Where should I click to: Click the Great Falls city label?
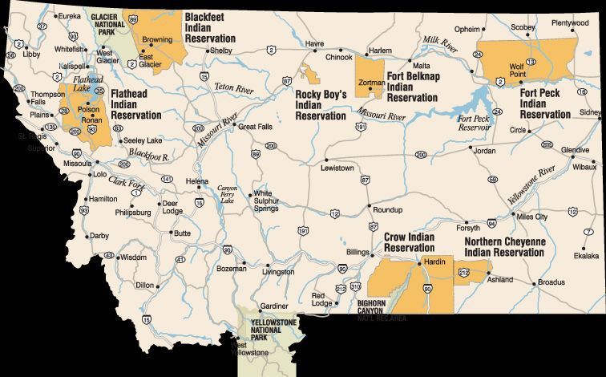pyautogui.click(x=257, y=127)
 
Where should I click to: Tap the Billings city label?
pyautogui.click(x=357, y=252)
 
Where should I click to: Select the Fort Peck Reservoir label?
pyautogui.click(x=473, y=123)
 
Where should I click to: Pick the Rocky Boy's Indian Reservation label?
pyautogui.click(x=321, y=105)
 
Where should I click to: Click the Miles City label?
pyautogui.click(x=532, y=217)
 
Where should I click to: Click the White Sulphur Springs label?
pyautogui.click(x=266, y=201)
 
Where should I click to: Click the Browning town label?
pyautogui.click(x=156, y=39)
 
